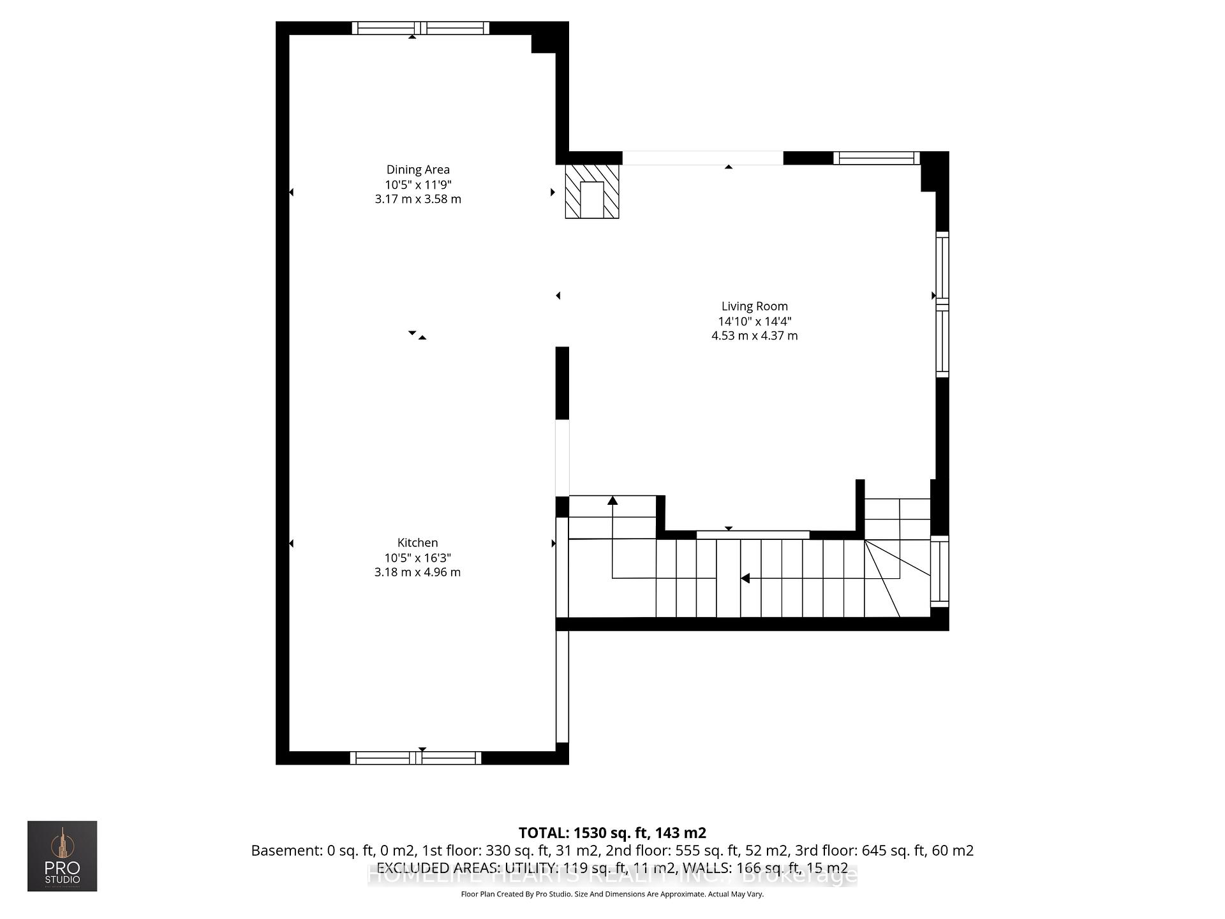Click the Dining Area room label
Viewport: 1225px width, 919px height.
pyautogui.click(x=418, y=170)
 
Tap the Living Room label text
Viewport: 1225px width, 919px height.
pyautogui.click(x=754, y=306)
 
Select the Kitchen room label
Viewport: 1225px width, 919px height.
pyautogui.click(x=417, y=542)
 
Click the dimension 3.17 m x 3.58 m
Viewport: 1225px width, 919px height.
pyautogui.click(x=418, y=199)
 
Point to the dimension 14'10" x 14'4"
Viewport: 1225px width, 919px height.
pyautogui.click(x=754, y=321)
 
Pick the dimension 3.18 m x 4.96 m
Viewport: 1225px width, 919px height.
pyautogui.click(x=417, y=572)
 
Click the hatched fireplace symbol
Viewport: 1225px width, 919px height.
pyautogui.click(x=592, y=191)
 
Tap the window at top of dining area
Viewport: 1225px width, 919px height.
pyautogui.click(x=420, y=28)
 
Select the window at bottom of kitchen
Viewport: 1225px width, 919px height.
pyautogui.click(x=415, y=758)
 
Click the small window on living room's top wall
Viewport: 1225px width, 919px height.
pyautogui.click(x=876, y=158)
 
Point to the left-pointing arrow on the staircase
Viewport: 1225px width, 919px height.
pyautogui.click(x=745, y=578)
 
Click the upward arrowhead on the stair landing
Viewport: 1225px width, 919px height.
pyautogui.click(x=612, y=500)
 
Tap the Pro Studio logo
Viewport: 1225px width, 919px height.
pyautogui.click(x=62, y=856)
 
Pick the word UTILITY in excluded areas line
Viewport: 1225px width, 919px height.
pyautogui.click(x=530, y=868)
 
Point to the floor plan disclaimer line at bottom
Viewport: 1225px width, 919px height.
pyautogui.click(x=612, y=894)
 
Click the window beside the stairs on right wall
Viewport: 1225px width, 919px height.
pyautogui.click(x=939, y=571)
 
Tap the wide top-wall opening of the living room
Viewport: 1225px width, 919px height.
pyautogui.click(x=702, y=158)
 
